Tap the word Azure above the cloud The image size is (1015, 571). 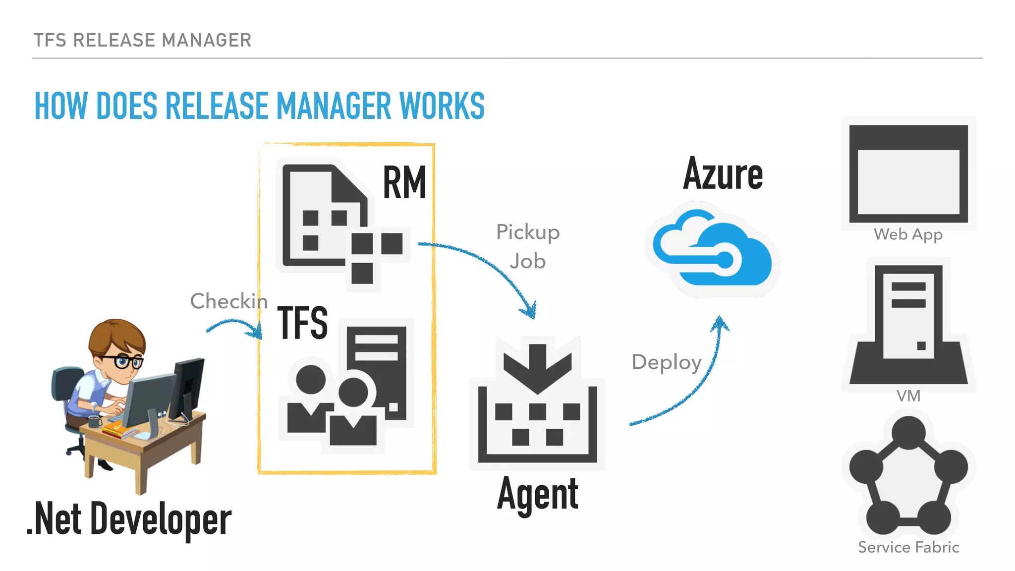(x=723, y=173)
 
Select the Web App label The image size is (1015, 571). (x=908, y=234)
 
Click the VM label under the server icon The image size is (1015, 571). (x=908, y=396)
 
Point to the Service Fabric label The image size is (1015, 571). (x=908, y=547)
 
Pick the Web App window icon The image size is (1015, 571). (x=908, y=173)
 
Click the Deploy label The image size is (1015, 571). (x=666, y=362)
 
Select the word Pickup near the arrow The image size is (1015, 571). (x=528, y=232)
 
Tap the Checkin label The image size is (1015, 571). (x=228, y=301)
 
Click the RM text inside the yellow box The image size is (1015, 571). (x=404, y=183)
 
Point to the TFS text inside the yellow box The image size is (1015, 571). (x=302, y=323)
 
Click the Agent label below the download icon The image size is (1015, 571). (x=538, y=494)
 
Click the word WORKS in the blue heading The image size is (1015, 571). (x=442, y=106)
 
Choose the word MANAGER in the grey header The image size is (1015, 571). (x=207, y=40)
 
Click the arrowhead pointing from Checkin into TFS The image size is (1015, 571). (x=257, y=331)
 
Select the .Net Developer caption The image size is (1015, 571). (x=129, y=519)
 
